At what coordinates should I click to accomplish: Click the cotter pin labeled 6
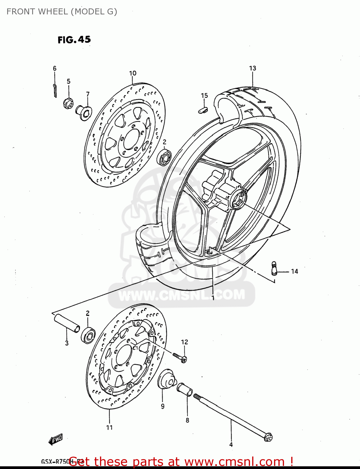coord(55,90)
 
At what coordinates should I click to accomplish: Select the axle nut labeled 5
coord(68,103)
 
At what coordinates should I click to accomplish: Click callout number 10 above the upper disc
coord(133,73)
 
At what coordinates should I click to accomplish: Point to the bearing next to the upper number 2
coord(164,157)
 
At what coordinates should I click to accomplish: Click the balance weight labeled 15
coord(203,109)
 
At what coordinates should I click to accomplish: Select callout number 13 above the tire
coord(252,68)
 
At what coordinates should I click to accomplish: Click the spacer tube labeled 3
coord(67,323)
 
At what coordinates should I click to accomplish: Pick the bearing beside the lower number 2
coord(88,335)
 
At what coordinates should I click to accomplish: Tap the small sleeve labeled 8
coord(185,390)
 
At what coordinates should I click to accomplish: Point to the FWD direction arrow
coord(56,439)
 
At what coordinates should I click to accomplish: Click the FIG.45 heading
coord(74,40)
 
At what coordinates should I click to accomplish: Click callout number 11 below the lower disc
coord(109,427)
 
